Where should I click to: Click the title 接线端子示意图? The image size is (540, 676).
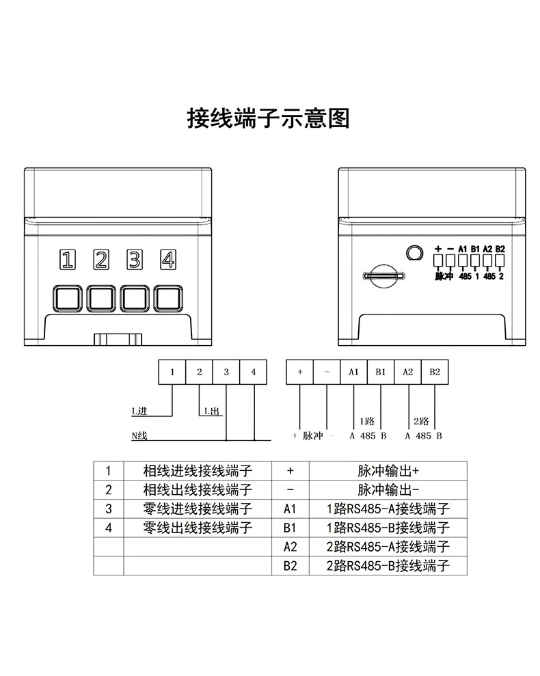269,118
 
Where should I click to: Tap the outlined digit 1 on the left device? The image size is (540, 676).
67,260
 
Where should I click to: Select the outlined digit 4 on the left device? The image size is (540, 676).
167,260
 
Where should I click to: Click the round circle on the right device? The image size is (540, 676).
414,252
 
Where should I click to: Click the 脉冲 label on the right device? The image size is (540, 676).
444,277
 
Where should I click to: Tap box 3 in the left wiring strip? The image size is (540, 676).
226,372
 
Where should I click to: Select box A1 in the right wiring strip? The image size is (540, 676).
353,372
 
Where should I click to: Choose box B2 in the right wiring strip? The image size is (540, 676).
435,372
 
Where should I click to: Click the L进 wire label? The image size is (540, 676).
139,412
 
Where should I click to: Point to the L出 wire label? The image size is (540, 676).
211,412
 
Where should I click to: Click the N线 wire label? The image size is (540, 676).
139,435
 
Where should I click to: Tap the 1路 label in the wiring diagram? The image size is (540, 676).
366,421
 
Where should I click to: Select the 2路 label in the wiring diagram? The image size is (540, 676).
421,421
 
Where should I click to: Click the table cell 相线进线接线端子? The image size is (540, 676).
198,471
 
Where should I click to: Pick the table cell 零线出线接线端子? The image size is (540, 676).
198,528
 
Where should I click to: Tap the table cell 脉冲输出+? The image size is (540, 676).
388,471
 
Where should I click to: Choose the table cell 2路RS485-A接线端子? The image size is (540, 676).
388,547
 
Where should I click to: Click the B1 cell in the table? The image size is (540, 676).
291,528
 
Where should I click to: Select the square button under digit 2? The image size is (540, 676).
100,298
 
